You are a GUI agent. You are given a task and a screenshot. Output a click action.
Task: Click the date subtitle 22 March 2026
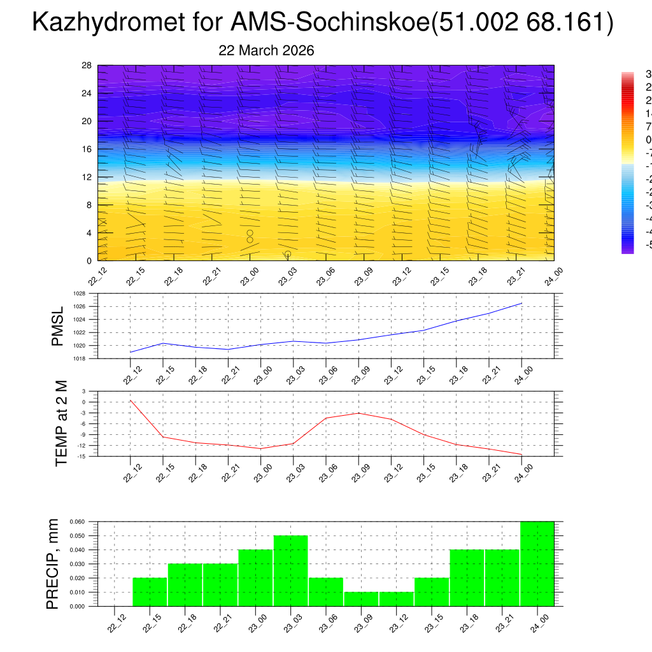pos(266,50)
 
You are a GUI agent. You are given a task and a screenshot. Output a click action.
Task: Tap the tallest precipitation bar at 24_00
pos(537,563)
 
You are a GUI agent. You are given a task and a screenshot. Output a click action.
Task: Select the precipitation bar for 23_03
pos(290,570)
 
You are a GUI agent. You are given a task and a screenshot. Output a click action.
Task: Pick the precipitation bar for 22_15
pos(150,592)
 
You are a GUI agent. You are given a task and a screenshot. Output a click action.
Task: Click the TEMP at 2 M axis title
pos(61,423)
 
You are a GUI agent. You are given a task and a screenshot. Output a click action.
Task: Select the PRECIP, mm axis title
pos(53,564)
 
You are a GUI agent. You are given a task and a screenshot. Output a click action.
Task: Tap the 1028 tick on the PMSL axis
pos(79,294)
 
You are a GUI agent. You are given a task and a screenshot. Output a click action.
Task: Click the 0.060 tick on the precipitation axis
pos(76,521)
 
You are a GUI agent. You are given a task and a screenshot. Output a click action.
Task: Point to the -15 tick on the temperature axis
pos(82,456)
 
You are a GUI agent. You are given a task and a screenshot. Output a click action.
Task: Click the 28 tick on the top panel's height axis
pos(87,66)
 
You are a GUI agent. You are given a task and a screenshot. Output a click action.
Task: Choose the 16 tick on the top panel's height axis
pos(87,149)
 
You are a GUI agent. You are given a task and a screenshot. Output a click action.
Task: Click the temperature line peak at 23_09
pos(358,413)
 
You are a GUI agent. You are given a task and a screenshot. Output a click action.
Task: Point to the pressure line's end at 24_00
pos(522,303)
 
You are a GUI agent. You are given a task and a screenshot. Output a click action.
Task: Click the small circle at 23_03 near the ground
pos(288,254)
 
